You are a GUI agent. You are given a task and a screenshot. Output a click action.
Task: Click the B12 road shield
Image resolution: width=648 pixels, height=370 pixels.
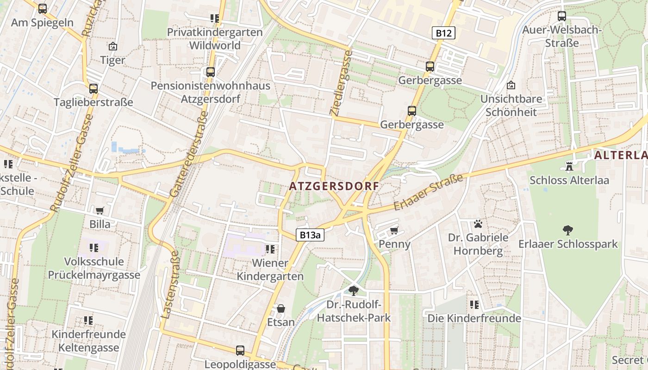click(x=444, y=33)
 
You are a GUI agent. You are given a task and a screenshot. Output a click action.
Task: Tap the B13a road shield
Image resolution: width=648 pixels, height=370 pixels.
click(x=310, y=235)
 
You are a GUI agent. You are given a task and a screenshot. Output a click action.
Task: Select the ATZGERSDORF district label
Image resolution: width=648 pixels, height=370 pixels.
click(x=334, y=186)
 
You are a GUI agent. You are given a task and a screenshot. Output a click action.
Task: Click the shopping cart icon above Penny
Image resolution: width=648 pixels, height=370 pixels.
click(x=394, y=230)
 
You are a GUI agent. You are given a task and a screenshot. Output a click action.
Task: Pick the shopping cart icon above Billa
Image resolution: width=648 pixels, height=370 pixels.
click(x=100, y=211)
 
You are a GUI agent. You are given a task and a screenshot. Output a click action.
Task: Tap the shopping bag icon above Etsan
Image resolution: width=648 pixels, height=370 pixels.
click(x=280, y=308)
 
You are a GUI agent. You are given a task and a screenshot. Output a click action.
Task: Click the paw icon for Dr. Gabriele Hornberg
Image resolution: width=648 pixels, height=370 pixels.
click(x=478, y=224)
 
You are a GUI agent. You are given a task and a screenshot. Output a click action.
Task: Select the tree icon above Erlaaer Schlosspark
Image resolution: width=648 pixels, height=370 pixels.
click(x=568, y=230)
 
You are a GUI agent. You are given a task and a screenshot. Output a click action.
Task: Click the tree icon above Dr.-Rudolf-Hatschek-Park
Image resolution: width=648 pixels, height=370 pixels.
click(x=354, y=291)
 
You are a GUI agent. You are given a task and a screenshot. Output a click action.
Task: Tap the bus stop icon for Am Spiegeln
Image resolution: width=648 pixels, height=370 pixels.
click(x=43, y=8)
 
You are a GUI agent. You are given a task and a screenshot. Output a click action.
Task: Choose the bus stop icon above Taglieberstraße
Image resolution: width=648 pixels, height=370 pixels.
click(x=93, y=89)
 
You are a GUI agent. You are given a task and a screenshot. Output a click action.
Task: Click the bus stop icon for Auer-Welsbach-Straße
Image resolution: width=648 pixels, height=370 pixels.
click(x=562, y=16)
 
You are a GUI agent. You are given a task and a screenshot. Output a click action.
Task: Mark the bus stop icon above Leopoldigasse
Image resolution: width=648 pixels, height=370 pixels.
click(x=240, y=351)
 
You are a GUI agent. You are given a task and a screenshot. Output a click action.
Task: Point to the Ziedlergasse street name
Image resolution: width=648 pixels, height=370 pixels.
click(x=341, y=82)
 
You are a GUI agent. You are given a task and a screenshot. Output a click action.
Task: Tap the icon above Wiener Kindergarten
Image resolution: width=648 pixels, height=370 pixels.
click(x=270, y=250)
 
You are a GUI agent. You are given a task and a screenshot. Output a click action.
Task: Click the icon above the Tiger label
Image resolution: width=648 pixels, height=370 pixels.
click(x=112, y=46)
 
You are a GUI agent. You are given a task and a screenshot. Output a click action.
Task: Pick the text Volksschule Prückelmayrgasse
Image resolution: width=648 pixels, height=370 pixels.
click(x=94, y=268)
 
